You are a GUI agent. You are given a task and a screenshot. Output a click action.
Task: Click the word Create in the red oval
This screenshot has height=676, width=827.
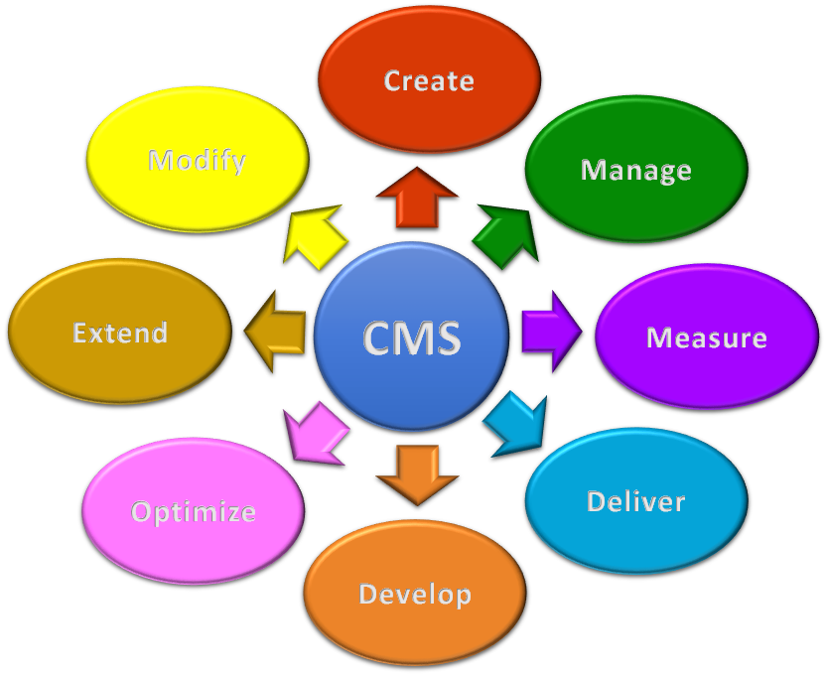429,80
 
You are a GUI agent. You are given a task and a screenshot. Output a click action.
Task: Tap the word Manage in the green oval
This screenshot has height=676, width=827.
635,170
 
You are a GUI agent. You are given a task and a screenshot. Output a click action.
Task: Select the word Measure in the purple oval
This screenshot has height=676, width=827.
706,338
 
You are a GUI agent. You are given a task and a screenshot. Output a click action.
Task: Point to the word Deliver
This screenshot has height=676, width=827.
635,501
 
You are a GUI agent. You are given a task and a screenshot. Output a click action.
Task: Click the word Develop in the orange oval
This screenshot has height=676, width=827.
414,595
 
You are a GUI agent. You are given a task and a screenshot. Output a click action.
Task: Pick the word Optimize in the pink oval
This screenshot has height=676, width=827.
194,512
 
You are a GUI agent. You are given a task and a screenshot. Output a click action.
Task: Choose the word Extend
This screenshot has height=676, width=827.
120,333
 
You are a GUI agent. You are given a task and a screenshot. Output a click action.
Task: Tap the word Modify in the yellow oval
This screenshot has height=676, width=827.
197,161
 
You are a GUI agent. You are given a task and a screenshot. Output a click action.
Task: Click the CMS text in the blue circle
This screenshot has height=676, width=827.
411,338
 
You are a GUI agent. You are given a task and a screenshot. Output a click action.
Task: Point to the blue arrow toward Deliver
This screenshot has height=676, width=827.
517,422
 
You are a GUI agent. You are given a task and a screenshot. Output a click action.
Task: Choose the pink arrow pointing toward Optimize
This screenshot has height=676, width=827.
315,430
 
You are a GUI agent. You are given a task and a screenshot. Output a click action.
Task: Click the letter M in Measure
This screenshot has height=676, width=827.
659,338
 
